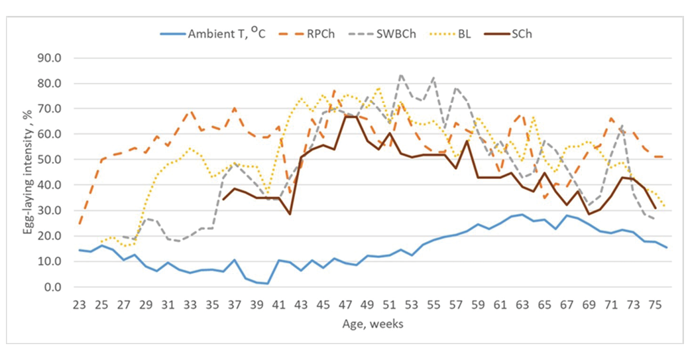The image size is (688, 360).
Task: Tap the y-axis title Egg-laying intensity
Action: (25, 172)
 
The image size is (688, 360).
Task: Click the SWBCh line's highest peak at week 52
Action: (401, 74)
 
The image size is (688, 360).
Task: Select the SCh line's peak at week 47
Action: (345, 117)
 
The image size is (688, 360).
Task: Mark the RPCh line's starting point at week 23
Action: (80, 223)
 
